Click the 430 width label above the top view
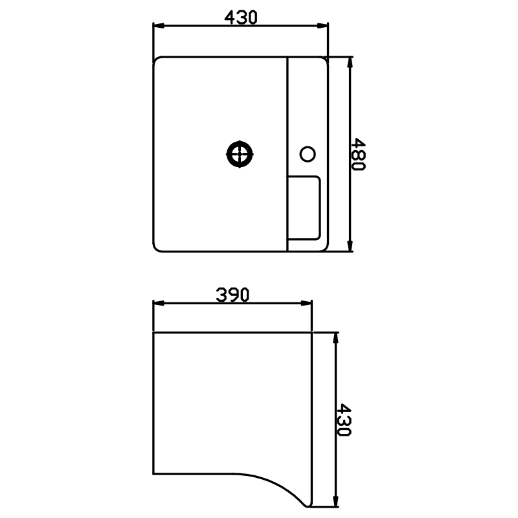(240, 17)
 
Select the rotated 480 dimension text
(358, 154)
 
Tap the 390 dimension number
(232, 295)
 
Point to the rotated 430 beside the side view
(344, 420)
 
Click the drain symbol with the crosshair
(240, 154)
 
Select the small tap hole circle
(308, 154)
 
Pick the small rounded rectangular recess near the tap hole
(304, 208)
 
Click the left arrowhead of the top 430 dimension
(159, 26)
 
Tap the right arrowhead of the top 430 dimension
(322, 26)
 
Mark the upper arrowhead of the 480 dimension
(350, 63)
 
